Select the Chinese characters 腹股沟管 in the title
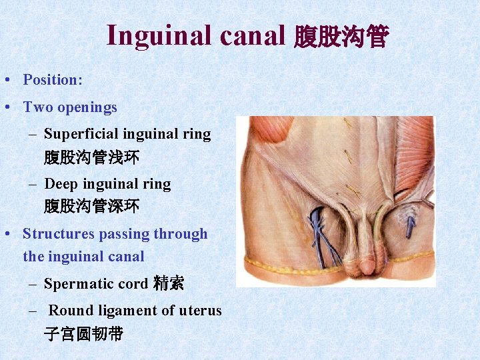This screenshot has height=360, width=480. tap(340, 37)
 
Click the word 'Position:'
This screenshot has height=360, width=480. tap(53, 80)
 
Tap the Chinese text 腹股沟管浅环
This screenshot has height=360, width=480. tap(92, 158)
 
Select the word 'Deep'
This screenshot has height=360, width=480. tap(61, 184)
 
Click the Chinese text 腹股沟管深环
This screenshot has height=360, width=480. tap(92, 207)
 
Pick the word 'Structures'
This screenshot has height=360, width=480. tap(59, 234)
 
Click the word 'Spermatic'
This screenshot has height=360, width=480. tap(77, 284)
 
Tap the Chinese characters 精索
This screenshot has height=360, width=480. tap(168, 283)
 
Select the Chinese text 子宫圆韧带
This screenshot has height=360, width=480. tap(84, 333)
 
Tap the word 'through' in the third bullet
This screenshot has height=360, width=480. tap(180, 234)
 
